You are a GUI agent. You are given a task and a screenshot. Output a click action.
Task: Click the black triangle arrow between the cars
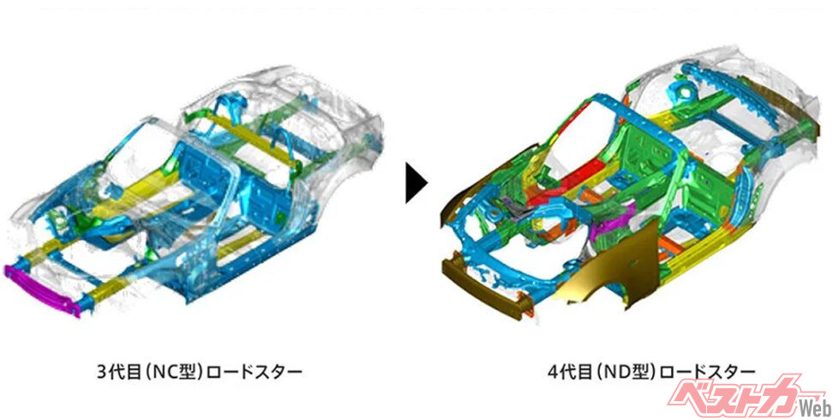416,183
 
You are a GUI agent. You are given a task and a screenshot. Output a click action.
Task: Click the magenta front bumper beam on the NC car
42,291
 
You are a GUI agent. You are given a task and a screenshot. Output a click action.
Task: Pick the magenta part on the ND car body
614,219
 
